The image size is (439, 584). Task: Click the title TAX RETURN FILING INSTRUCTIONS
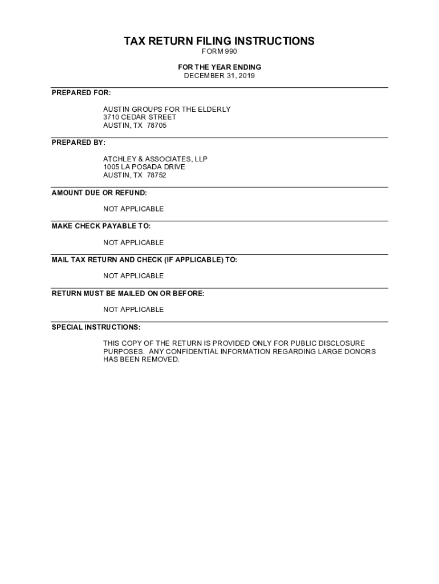coord(219,41)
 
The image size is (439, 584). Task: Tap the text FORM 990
coord(219,52)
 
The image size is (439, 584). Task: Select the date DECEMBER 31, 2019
coord(219,75)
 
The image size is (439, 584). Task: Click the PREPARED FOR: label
coord(81,92)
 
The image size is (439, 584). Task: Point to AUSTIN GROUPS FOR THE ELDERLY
coord(166,109)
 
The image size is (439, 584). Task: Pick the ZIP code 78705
coord(157,125)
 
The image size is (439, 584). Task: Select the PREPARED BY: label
coord(79,142)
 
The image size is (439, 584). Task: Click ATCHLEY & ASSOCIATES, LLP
coord(155,159)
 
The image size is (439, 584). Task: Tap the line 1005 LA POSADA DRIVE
coord(144,167)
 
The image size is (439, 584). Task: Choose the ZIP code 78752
coord(157,175)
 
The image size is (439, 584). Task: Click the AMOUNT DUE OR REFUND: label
coord(99,193)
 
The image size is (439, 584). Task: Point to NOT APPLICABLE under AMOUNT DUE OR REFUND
coord(133,209)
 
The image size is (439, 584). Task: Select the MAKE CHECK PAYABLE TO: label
coord(101,226)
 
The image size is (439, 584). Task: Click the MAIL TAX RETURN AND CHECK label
coord(144,259)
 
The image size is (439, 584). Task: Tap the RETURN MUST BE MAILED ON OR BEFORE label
coord(128,293)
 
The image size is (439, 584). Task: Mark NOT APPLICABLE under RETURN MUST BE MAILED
coord(133,309)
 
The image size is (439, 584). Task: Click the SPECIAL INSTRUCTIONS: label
coord(96,327)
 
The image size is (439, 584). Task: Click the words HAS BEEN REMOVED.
coord(141,360)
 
